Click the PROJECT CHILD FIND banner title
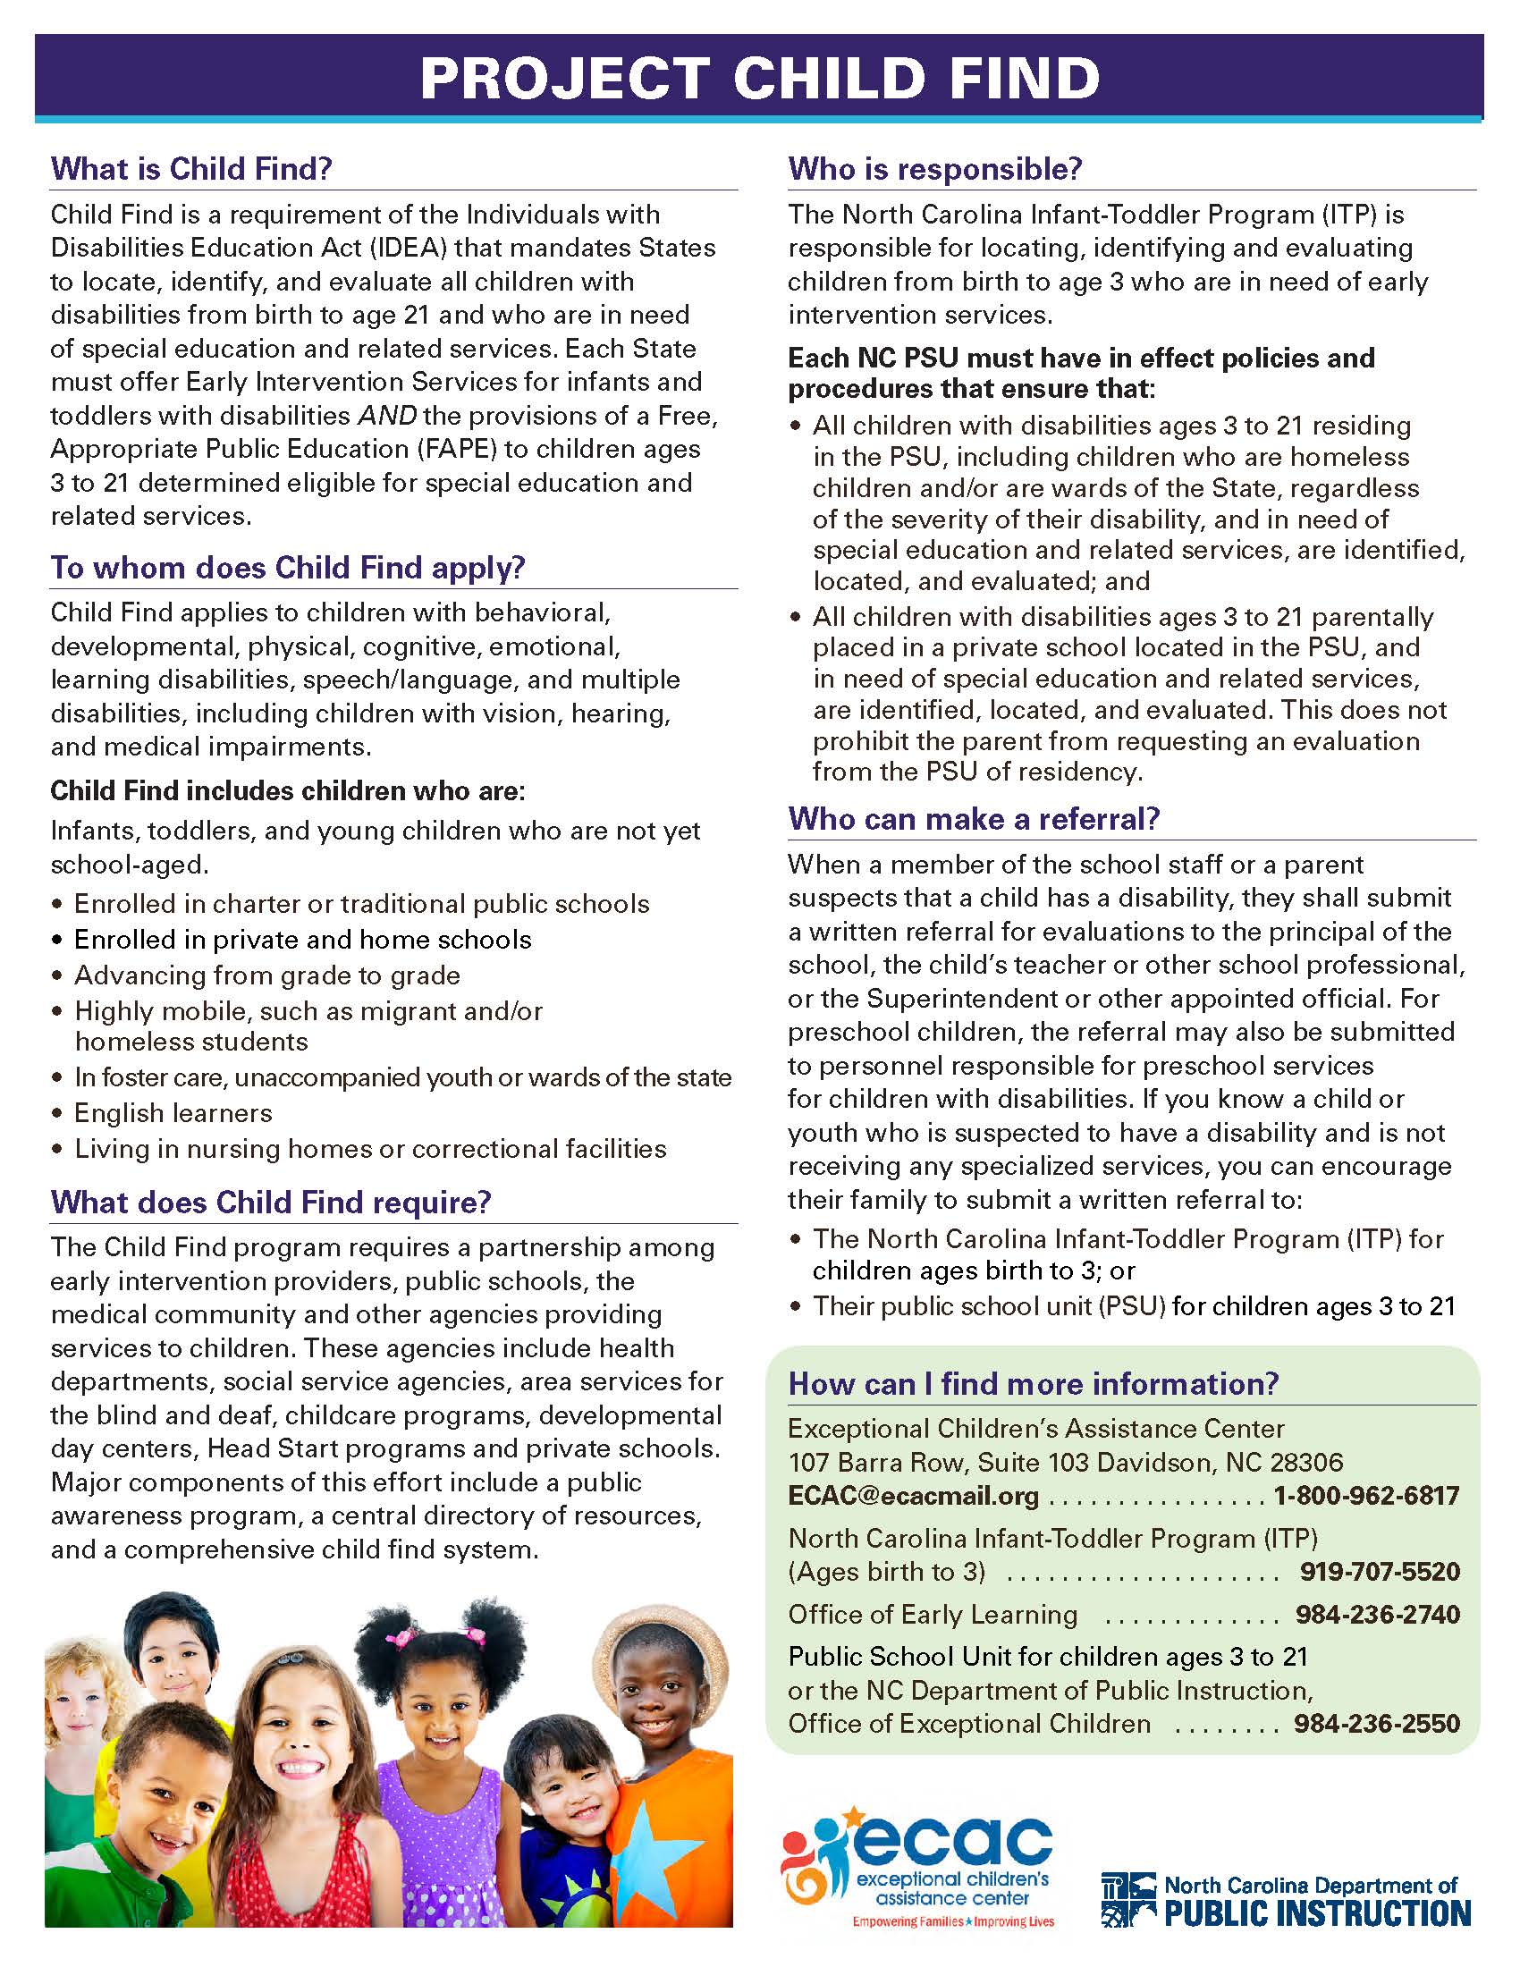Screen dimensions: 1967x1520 (x=759, y=78)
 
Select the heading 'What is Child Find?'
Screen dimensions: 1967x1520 (x=192, y=168)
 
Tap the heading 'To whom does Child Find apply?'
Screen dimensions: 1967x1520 (x=288, y=568)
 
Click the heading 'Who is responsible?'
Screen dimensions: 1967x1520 (x=934, y=168)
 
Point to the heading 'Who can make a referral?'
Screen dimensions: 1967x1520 (x=974, y=818)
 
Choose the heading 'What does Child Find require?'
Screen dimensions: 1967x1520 (x=271, y=1202)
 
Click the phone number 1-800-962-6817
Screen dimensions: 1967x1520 (x=1365, y=1496)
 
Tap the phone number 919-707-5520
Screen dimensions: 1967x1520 (x=1379, y=1572)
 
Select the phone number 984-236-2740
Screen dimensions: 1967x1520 (x=1377, y=1614)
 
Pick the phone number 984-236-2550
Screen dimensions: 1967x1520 (x=1376, y=1723)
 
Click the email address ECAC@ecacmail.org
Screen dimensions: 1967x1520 (x=913, y=1496)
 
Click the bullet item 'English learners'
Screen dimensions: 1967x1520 (x=173, y=1113)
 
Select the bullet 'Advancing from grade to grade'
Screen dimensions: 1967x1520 (x=267, y=975)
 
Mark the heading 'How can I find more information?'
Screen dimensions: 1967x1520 (x=1033, y=1383)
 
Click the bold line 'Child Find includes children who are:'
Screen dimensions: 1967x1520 (x=287, y=790)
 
